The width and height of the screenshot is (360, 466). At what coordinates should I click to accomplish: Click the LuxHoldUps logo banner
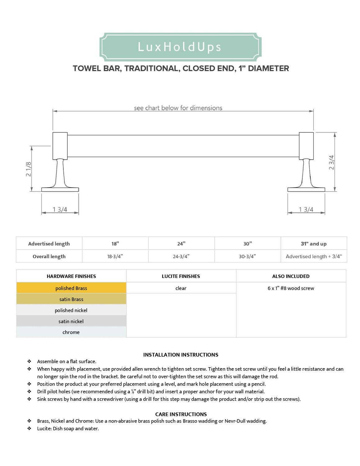tap(180, 47)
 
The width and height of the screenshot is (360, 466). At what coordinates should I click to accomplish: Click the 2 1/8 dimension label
tap(29, 169)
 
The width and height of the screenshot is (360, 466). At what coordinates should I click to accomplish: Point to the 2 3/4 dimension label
tap(331, 162)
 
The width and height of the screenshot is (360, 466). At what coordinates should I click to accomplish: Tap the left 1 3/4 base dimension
tap(60, 209)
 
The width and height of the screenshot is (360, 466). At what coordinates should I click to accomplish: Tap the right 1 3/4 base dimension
tap(306, 209)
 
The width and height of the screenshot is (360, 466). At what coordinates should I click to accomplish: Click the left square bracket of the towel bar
tap(60, 146)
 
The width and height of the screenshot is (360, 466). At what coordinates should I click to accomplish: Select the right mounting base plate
tap(306, 189)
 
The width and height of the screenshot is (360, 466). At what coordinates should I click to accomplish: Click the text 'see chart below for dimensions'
tap(178, 108)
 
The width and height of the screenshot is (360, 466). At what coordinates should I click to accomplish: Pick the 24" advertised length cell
tap(181, 244)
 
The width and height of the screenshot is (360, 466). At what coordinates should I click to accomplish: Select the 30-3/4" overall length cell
tap(248, 256)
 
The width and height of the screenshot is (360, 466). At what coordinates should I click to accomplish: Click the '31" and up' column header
tap(313, 244)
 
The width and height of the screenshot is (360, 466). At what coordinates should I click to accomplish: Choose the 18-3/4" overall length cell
tap(115, 256)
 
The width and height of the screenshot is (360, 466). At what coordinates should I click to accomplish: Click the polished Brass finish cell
tap(71, 288)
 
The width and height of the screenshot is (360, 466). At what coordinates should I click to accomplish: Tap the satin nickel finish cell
tap(71, 321)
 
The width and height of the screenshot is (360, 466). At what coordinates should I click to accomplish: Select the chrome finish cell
tap(71, 332)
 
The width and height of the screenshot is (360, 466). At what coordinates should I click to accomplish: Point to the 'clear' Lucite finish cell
tap(181, 288)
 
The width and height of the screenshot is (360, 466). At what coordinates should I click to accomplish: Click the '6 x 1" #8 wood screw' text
tap(291, 288)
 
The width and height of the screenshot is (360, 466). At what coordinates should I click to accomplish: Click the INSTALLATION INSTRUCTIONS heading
tap(181, 354)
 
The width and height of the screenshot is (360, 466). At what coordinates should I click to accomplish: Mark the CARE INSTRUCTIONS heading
tap(181, 414)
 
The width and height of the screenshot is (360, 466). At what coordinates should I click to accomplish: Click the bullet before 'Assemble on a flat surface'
tap(29, 361)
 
